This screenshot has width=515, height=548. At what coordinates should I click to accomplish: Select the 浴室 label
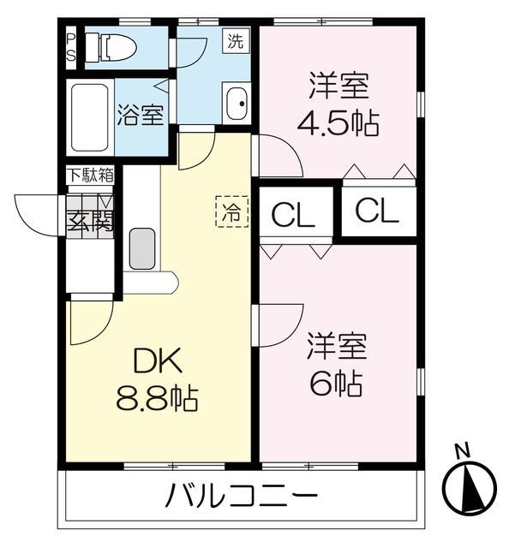[141, 116]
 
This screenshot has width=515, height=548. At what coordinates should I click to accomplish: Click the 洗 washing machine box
[235, 39]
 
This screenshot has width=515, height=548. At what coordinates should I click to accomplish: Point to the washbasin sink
[236, 104]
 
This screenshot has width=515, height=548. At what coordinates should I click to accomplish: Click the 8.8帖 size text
[157, 398]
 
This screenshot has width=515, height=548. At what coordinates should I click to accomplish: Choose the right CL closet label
[377, 211]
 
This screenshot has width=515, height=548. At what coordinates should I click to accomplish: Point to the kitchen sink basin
[141, 248]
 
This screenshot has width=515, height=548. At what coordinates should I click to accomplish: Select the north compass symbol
[469, 487]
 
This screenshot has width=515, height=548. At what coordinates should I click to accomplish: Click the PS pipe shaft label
[71, 46]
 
